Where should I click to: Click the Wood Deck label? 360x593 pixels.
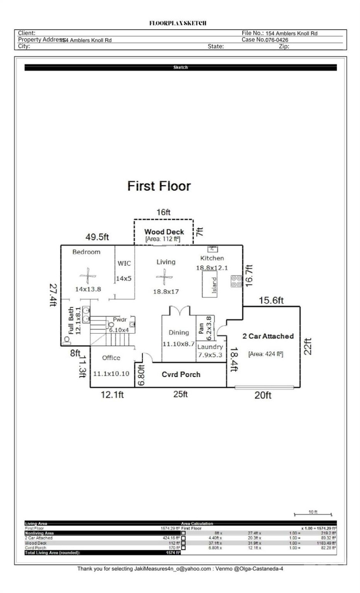[164, 232]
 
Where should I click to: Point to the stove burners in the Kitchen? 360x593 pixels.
[236, 281]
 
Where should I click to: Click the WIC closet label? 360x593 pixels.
[124, 263]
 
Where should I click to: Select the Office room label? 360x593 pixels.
[111, 357]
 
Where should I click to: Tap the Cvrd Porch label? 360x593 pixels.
[181, 374]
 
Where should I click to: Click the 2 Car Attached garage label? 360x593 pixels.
[268, 336]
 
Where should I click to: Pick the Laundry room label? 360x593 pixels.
[210, 347]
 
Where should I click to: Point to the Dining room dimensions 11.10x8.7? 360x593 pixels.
[178, 343]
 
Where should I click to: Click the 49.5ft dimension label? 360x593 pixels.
[97, 237]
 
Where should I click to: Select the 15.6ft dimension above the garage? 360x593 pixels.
[271, 301]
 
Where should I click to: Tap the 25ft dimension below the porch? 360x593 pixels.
[180, 395]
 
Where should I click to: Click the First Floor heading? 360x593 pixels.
[159, 186]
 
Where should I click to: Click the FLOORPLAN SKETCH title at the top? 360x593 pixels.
[178, 23]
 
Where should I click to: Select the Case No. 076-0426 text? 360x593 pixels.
[265, 40]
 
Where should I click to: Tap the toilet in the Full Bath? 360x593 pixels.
[66, 340]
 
